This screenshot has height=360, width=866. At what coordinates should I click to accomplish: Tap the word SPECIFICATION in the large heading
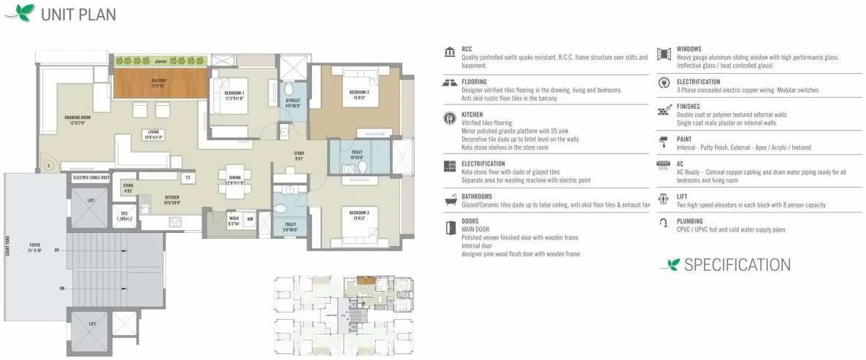pos(737,264)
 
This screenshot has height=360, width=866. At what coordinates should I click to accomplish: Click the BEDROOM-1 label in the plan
pos(234,94)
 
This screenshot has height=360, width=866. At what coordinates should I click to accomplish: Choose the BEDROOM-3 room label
pos(358,212)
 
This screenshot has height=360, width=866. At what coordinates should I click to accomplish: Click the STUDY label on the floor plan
pos(299,155)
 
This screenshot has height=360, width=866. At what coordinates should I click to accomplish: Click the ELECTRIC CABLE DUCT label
pos(91,177)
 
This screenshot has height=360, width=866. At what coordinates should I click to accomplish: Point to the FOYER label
pos(34,245)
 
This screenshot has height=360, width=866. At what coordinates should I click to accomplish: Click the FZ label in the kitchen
pos(188,177)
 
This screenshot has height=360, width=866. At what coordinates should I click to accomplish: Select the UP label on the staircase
pos(56,250)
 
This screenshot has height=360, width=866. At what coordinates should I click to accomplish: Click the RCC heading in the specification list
pos(467,49)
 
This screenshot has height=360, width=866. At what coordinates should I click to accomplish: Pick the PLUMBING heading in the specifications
pos(690,221)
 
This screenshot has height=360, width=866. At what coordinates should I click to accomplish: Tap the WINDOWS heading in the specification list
pos(689,49)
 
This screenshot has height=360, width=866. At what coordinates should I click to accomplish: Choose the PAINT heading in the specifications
pos(685,139)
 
